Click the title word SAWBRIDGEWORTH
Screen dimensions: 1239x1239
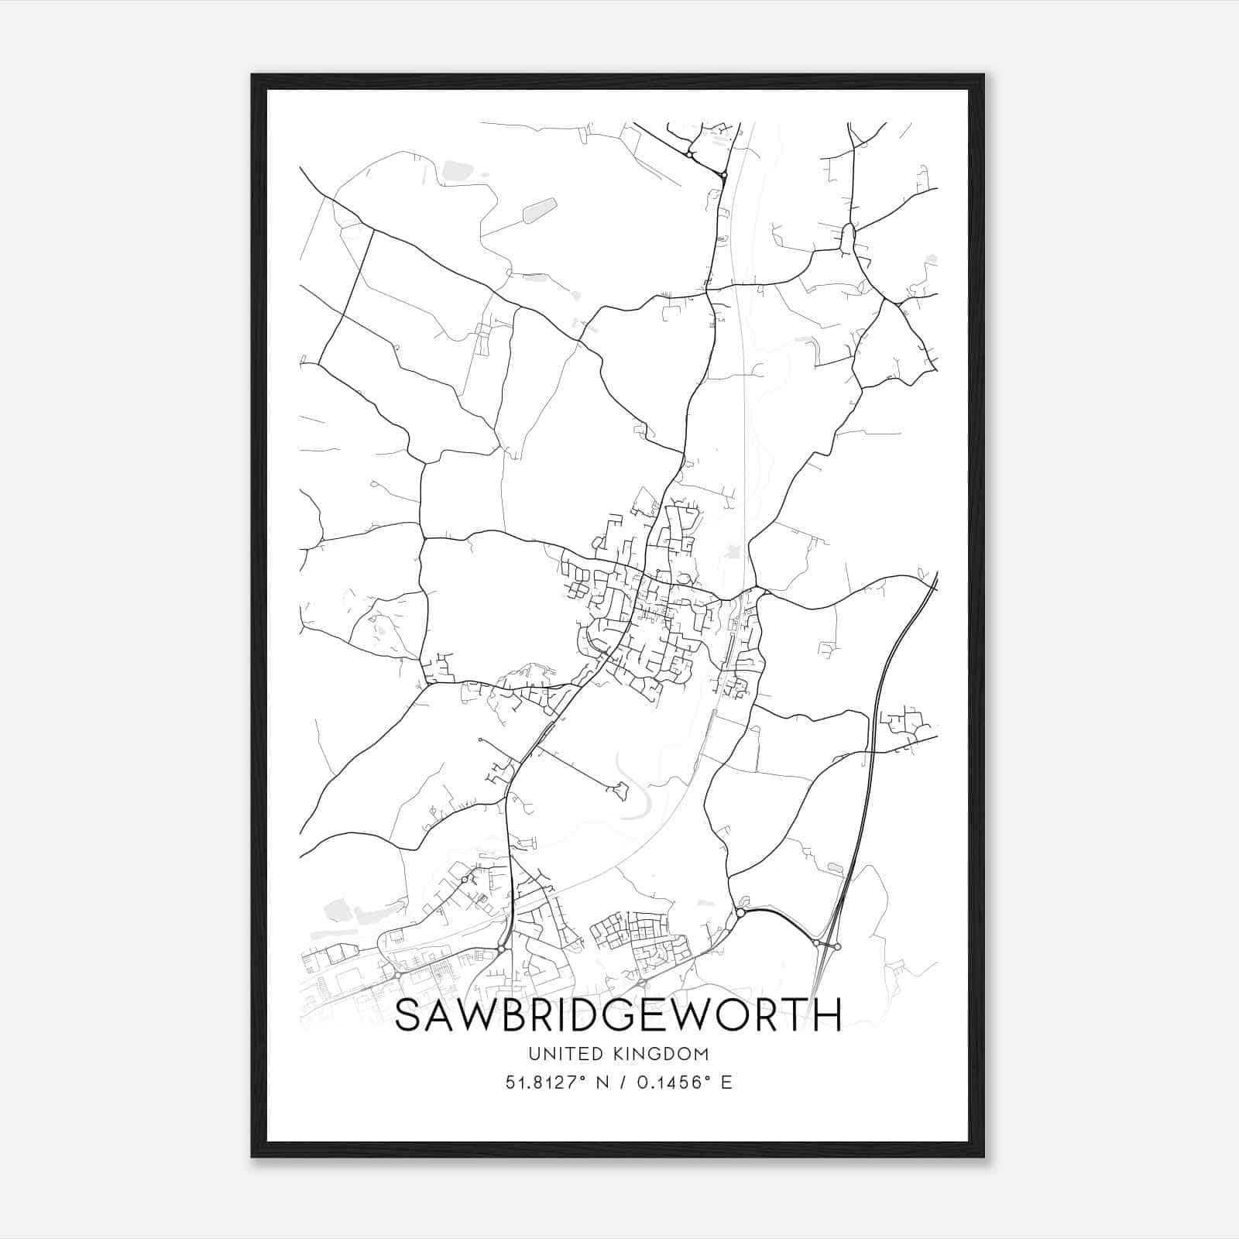[x=617, y=1015]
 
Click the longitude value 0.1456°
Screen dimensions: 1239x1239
[x=674, y=1083]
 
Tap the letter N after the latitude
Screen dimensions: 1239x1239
[x=600, y=1083]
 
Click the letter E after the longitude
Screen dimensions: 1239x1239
[x=726, y=1083]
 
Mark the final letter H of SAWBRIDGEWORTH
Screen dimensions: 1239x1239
[x=828, y=1015]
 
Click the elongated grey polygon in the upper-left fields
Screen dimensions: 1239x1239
[x=540, y=210]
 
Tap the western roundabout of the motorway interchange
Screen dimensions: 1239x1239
[x=816, y=943]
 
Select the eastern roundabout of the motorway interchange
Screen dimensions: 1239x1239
[x=838, y=946]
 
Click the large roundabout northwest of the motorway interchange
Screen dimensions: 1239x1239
[x=740, y=914]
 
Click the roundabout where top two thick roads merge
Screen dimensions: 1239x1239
[x=723, y=176]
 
